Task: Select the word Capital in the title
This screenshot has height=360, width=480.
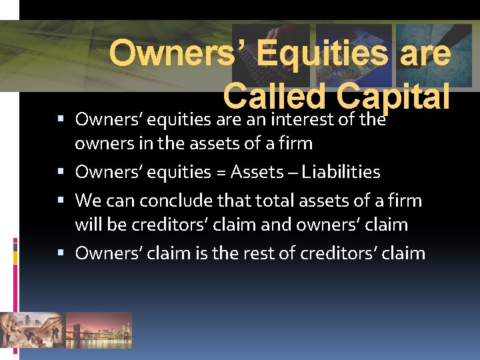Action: [x=393, y=97]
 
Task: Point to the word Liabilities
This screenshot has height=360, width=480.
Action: [x=341, y=172]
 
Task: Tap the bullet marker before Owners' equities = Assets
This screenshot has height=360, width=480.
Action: [x=61, y=173]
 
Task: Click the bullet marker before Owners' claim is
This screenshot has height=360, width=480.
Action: [x=61, y=253]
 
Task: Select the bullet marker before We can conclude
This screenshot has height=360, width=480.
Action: [x=61, y=200]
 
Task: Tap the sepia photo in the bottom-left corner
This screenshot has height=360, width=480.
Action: [x=31, y=329]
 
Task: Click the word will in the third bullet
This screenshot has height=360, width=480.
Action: [x=89, y=225]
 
